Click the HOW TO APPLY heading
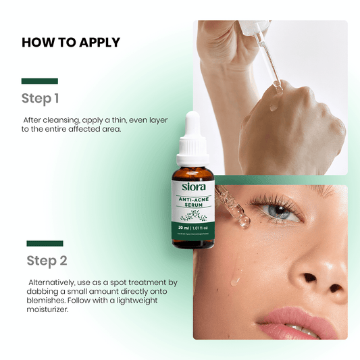71,43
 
